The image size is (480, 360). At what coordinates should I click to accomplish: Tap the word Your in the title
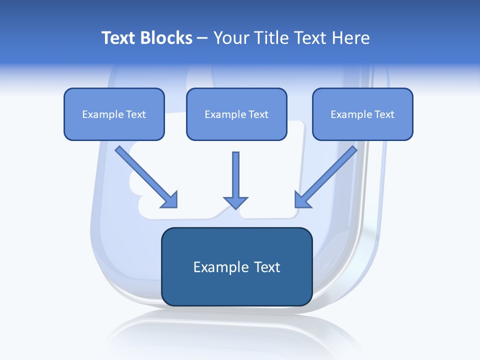[231, 38]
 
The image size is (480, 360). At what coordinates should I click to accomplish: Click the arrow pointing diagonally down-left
[327, 175]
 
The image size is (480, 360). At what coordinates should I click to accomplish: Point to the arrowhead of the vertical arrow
[235, 202]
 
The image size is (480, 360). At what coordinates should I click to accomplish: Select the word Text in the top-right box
[384, 114]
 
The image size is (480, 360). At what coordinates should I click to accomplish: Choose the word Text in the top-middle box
[258, 114]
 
